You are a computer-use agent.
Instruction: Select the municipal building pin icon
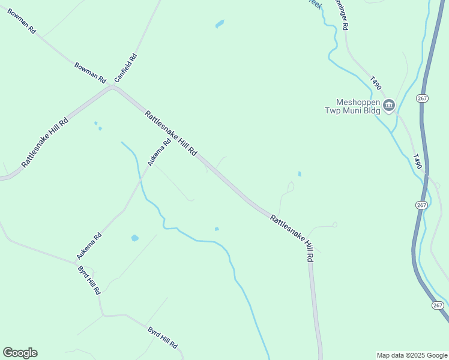pyautogui.click(x=388, y=106)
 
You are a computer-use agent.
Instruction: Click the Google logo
pyautogui.click(x=20, y=353)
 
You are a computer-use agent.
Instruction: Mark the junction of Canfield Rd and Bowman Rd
pyautogui.click(x=112, y=88)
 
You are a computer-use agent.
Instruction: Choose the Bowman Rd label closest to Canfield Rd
pyautogui.click(x=90, y=72)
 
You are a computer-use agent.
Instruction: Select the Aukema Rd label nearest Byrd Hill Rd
pyautogui.click(x=89, y=246)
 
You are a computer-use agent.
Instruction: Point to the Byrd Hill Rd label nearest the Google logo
pyautogui.click(x=162, y=338)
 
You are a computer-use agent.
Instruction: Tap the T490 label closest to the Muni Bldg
pyautogui.click(x=376, y=83)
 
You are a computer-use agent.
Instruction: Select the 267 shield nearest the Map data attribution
pyautogui.click(x=437, y=305)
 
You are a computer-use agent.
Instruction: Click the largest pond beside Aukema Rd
pyautogui.click(x=134, y=238)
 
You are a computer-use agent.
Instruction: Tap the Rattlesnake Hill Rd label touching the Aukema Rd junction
pyautogui.click(x=170, y=133)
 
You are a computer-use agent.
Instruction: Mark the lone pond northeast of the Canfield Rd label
pyautogui.click(x=220, y=24)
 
